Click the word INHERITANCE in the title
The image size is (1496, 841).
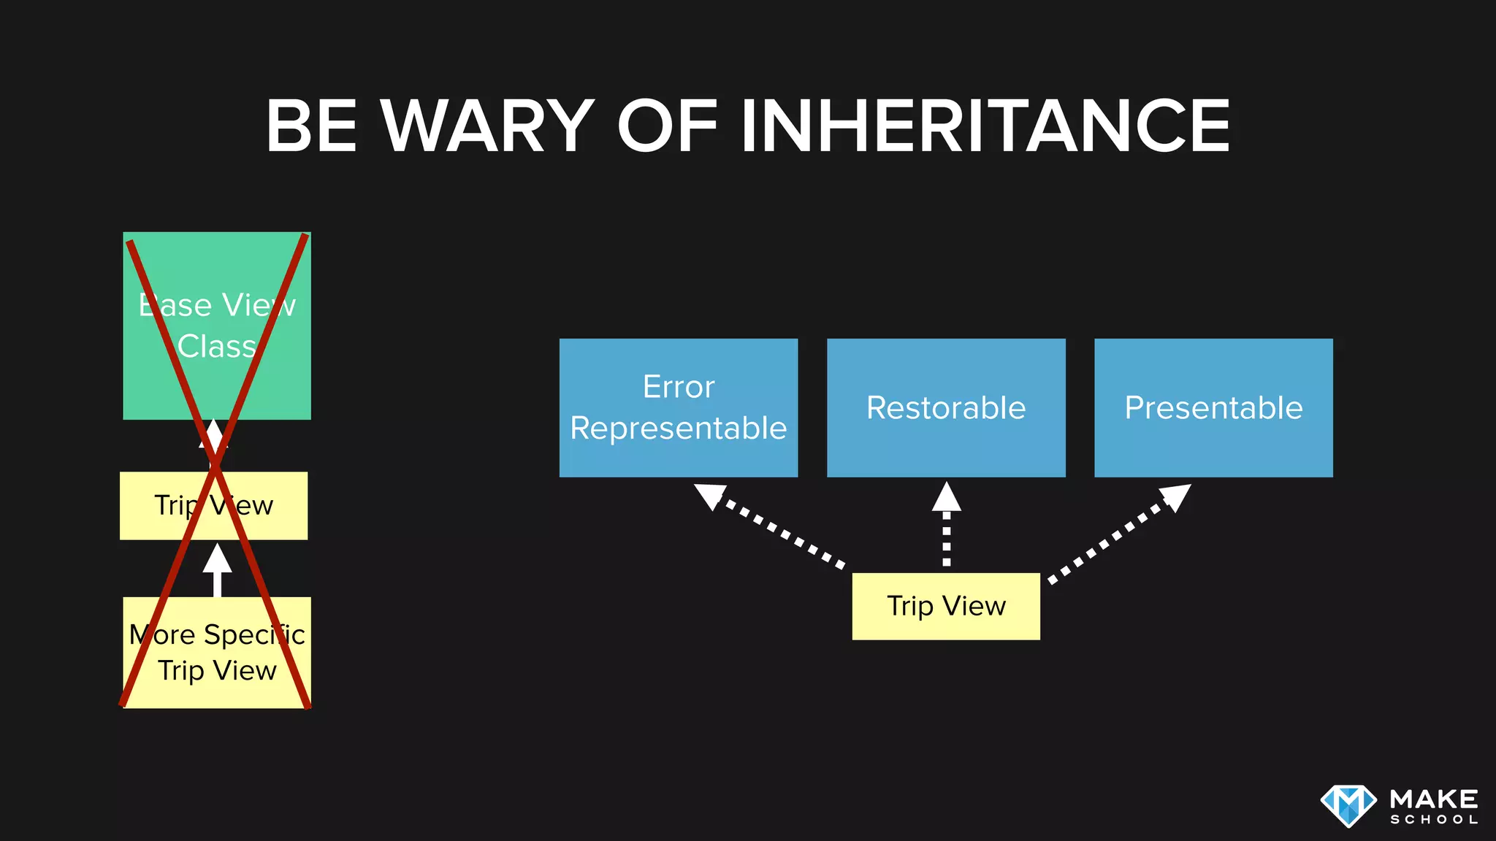(985, 126)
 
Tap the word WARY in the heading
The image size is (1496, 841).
(487, 126)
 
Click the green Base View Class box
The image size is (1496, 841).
(217, 380)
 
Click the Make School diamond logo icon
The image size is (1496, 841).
(1348, 805)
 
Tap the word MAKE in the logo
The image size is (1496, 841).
(1434, 798)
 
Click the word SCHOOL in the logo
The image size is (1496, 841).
(1434, 820)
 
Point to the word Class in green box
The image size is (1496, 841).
(217, 346)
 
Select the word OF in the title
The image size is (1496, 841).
(667, 126)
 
